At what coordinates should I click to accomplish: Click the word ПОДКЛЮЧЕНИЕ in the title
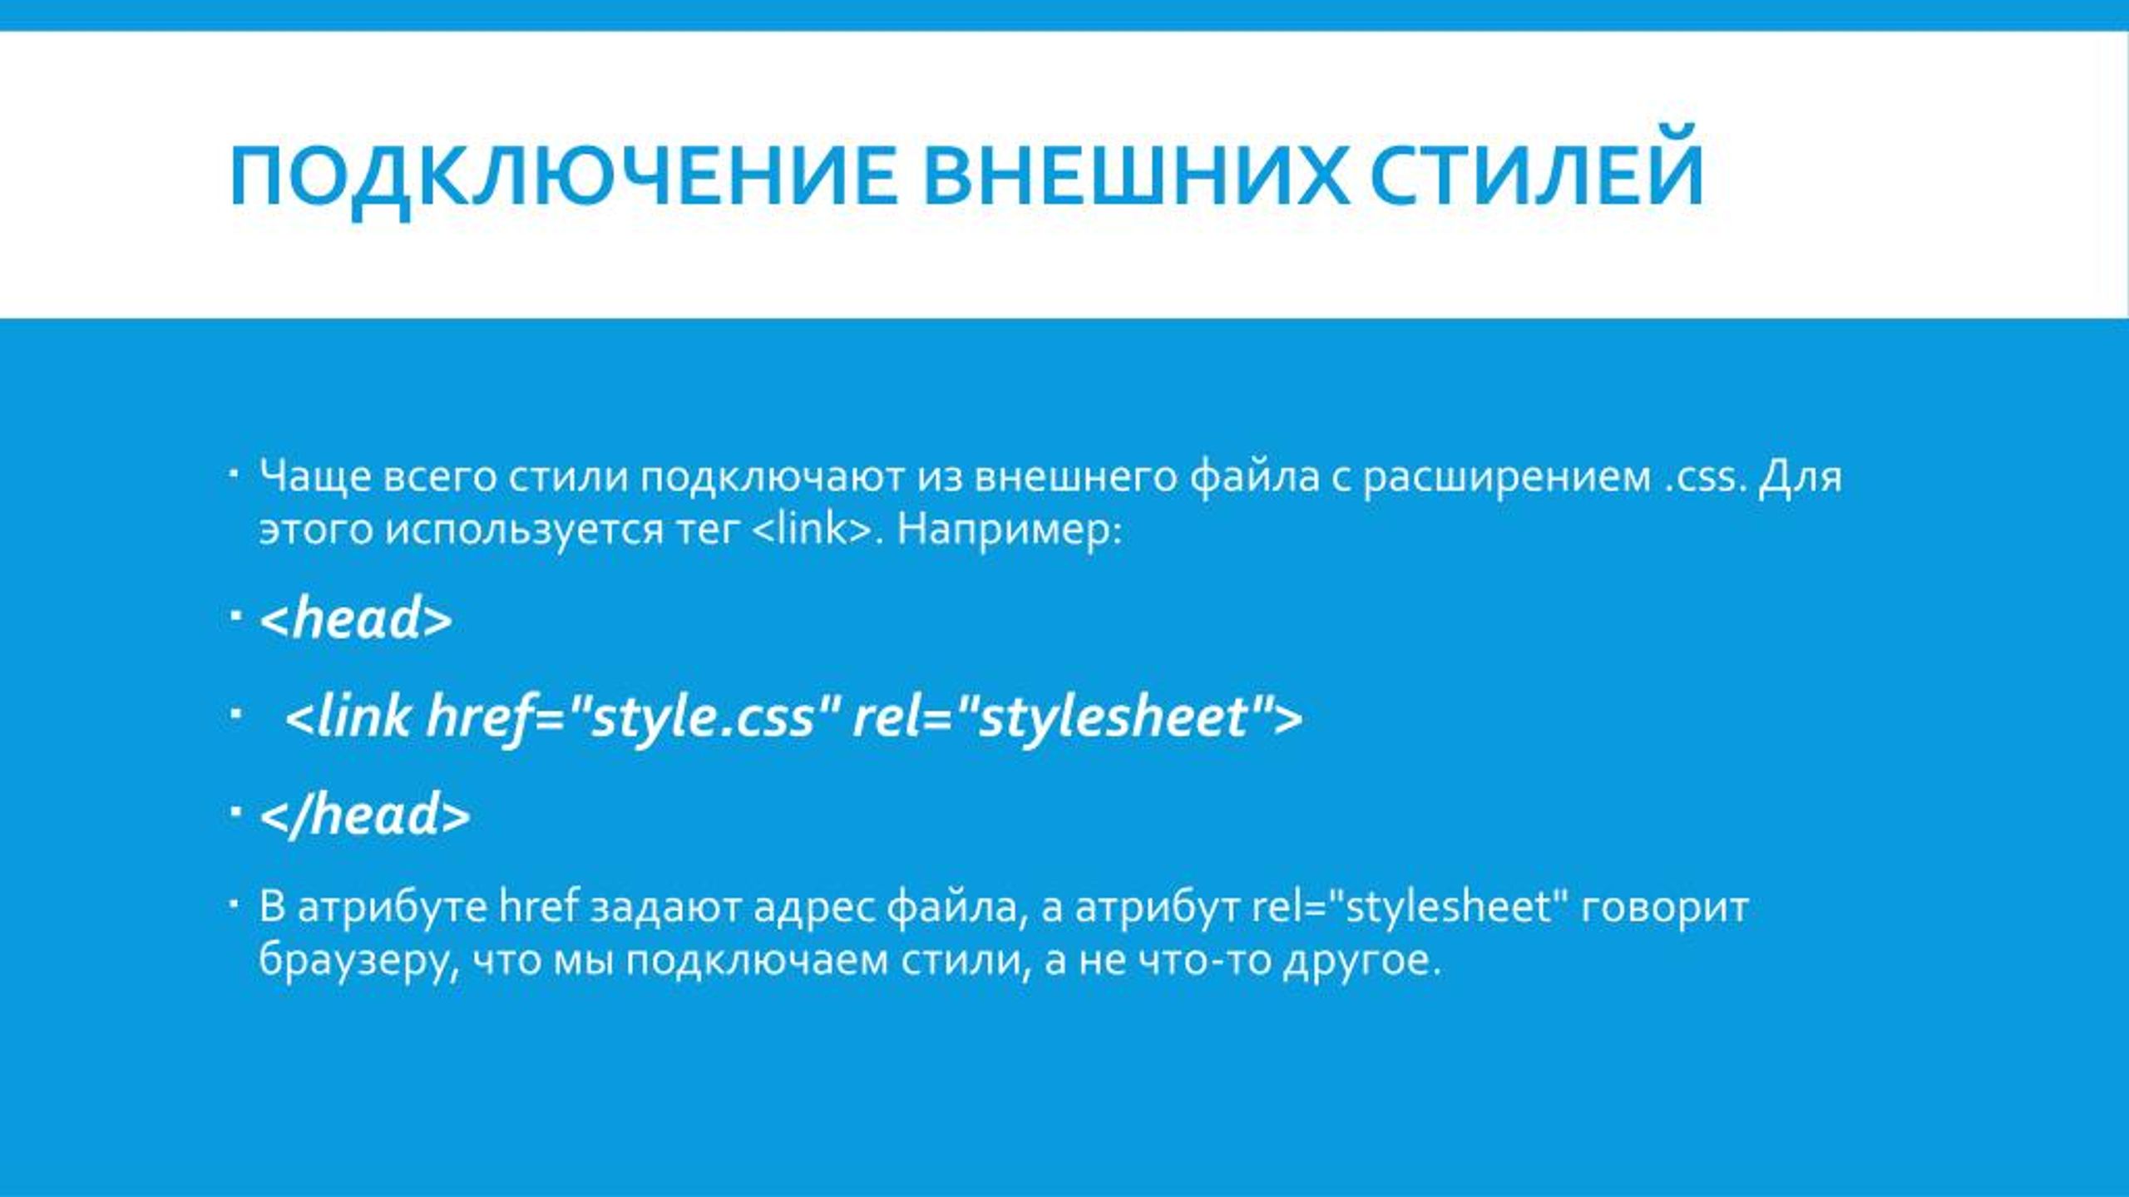[x=562, y=176]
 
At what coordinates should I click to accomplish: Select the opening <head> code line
[x=357, y=620]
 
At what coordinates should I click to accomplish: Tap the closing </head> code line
[x=366, y=815]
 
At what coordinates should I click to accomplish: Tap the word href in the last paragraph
[x=538, y=907]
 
